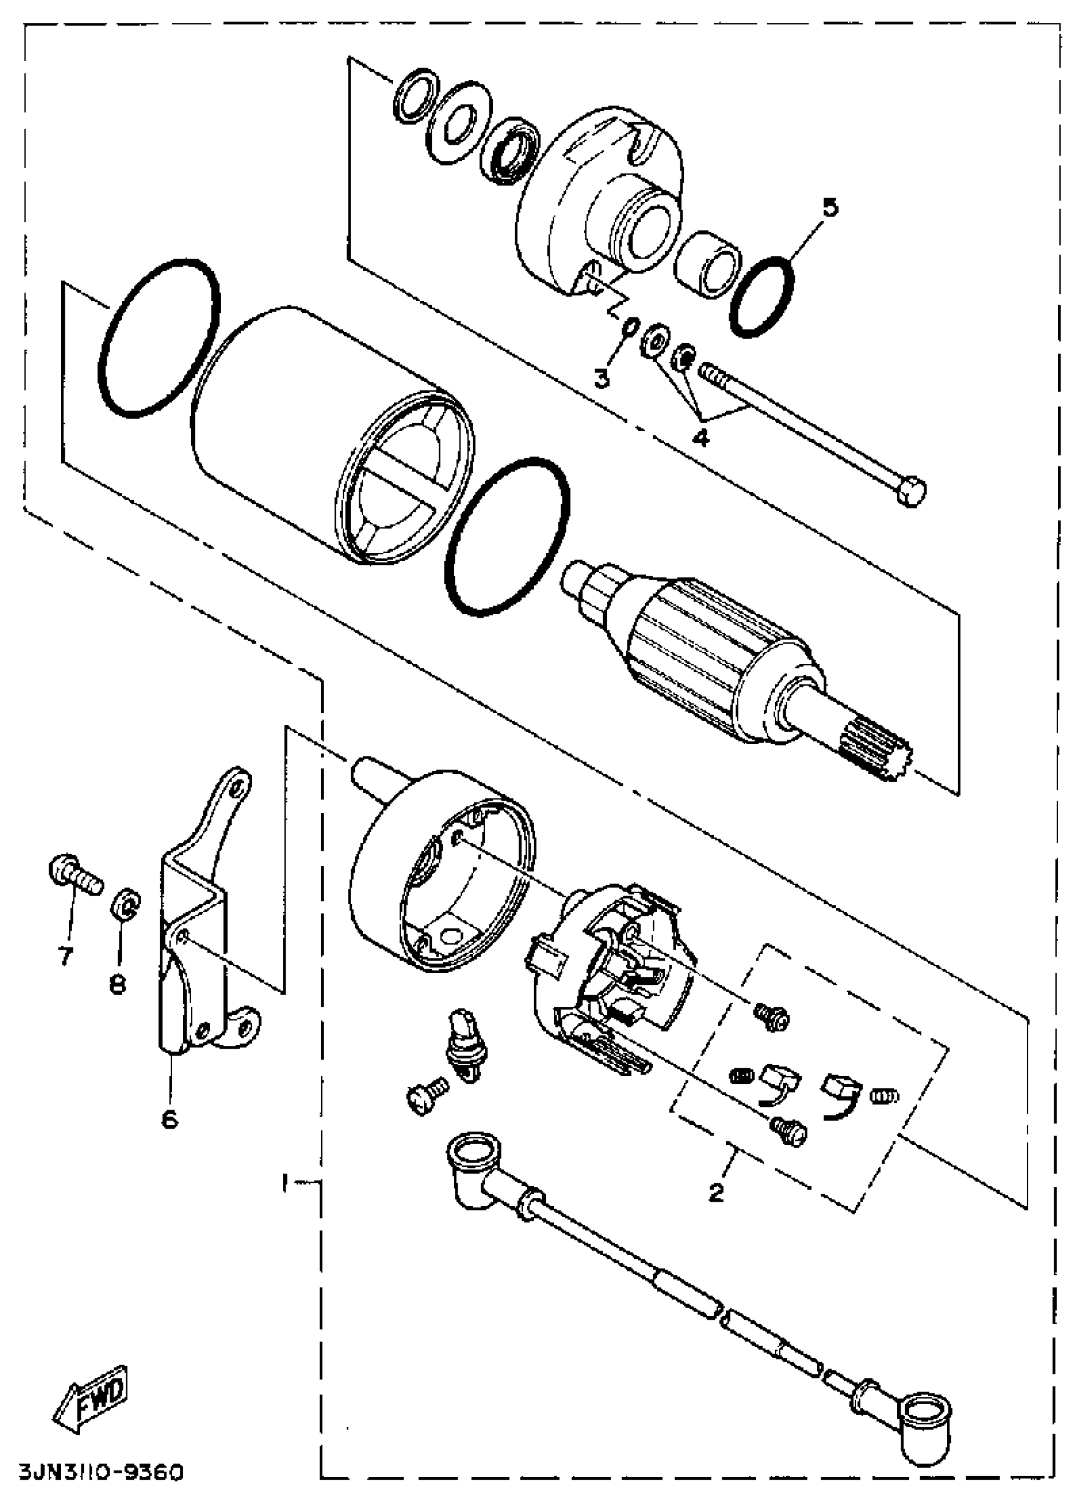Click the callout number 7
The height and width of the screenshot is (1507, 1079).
pyautogui.click(x=66, y=957)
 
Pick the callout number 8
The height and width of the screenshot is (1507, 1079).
pyautogui.click(x=117, y=984)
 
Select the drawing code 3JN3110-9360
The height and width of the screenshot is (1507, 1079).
pyautogui.click(x=100, y=1489)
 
